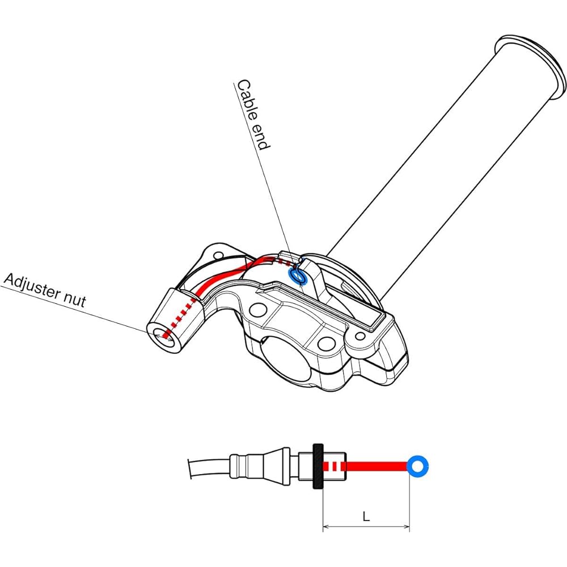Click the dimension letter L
[x=366, y=517]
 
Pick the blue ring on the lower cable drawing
[x=418, y=467]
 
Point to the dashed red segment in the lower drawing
[x=335, y=467]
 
